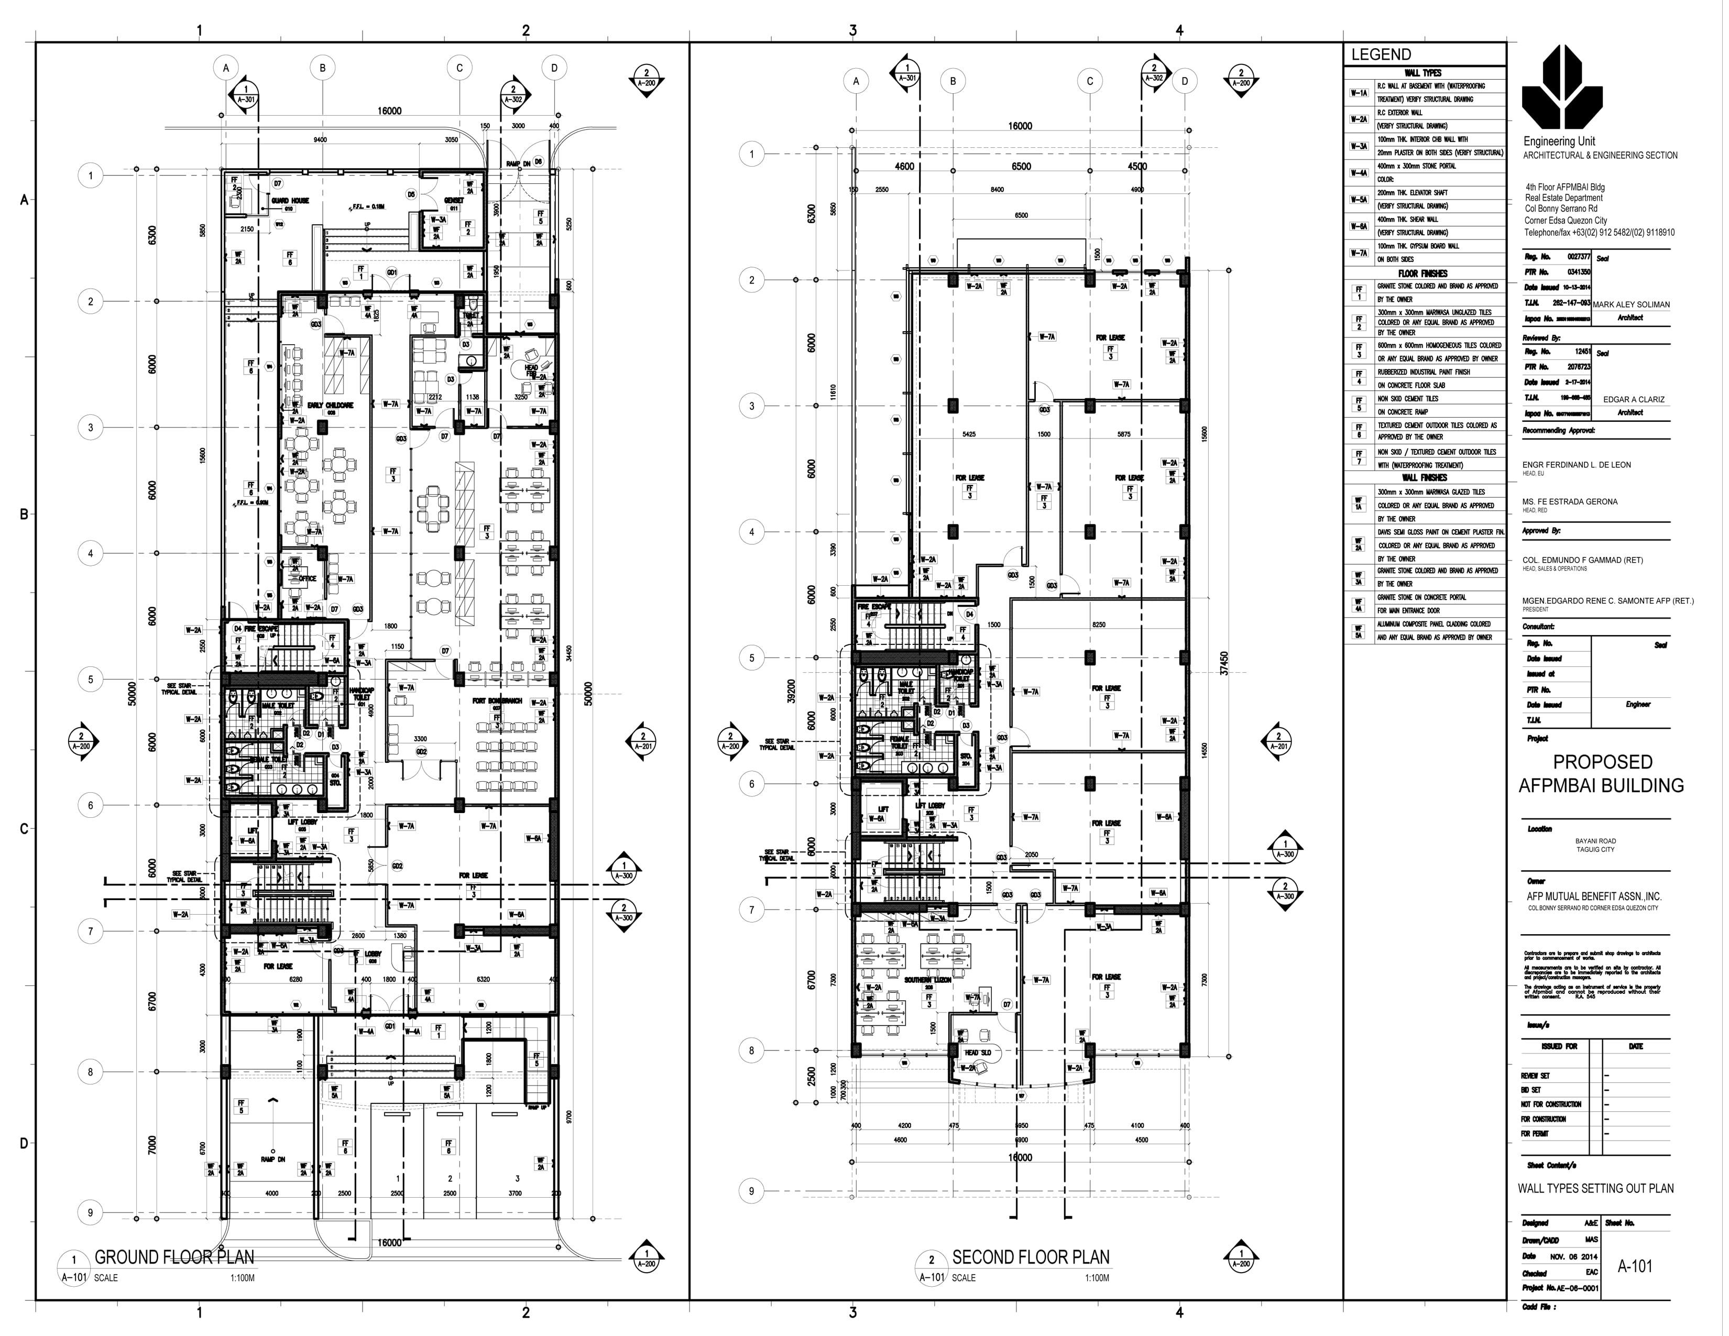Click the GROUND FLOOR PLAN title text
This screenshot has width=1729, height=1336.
(x=174, y=1257)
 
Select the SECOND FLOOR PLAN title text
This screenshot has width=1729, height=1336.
(x=1030, y=1257)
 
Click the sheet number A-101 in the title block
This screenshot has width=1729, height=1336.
(x=1635, y=1266)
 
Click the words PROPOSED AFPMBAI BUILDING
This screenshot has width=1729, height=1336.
(x=1602, y=774)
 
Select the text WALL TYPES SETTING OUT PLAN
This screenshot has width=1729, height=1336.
(x=1595, y=1188)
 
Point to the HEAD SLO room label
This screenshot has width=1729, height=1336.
(x=977, y=1053)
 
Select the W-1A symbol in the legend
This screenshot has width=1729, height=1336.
(x=1359, y=93)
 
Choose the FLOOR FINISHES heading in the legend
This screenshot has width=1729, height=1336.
(x=1422, y=273)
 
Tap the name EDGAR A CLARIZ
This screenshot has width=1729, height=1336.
(x=1633, y=400)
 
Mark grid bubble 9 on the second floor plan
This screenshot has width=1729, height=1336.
(x=751, y=1190)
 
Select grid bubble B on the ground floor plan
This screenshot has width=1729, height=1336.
(x=322, y=68)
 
